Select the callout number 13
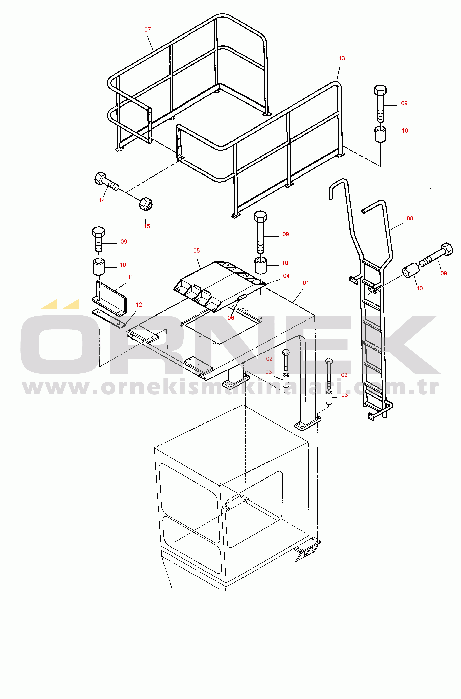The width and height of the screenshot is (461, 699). (x=342, y=58)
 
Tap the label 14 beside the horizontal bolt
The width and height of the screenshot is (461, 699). (x=102, y=200)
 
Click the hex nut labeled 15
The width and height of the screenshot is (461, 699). (x=146, y=204)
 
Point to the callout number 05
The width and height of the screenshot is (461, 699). (x=196, y=251)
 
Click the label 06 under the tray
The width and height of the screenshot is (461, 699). (x=231, y=318)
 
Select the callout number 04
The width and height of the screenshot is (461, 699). (x=286, y=276)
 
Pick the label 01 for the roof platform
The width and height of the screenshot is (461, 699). (x=306, y=283)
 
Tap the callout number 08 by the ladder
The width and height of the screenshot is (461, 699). (x=410, y=218)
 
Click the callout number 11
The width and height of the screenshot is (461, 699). (x=130, y=277)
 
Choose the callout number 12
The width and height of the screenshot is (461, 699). (x=139, y=305)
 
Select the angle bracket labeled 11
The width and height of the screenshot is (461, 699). (x=109, y=298)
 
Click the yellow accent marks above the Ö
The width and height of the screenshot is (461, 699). (x=60, y=304)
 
